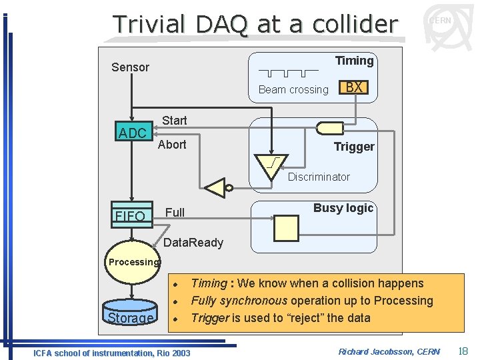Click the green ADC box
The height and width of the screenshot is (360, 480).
(x=132, y=133)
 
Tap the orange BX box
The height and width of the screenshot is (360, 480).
(x=354, y=87)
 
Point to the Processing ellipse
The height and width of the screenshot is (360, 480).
(x=134, y=263)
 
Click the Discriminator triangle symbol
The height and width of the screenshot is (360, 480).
(x=272, y=165)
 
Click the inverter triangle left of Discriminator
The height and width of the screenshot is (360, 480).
(x=216, y=188)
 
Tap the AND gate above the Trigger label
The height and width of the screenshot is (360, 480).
(x=330, y=127)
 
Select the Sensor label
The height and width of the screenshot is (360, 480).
(x=130, y=67)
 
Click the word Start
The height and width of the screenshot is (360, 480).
(x=175, y=121)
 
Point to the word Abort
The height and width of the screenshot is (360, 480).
(x=172, y=145)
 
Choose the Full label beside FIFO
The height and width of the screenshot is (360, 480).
(x=175, y=213)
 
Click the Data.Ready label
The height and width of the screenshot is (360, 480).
(x=193, y=243)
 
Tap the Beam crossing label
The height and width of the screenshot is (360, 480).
(x=293, y=90)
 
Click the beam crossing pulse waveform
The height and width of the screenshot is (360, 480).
(x=289, y=72)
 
